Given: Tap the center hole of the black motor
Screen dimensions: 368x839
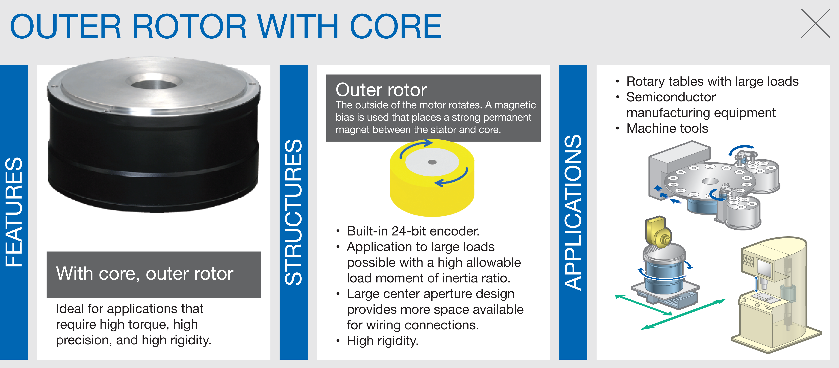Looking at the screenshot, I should point(154,84).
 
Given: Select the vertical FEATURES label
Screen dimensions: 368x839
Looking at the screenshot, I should point(14,212).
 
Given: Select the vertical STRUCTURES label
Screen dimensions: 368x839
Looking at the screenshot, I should point(293,212).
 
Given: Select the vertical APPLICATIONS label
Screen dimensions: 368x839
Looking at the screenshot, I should point(573,212).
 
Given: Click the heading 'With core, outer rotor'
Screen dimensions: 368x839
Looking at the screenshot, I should point(145,274).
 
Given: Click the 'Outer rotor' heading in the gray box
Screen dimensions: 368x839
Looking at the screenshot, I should point(381,90).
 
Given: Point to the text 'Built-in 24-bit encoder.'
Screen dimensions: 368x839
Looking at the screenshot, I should point(413,231).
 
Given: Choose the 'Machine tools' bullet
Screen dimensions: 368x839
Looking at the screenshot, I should point(667,128).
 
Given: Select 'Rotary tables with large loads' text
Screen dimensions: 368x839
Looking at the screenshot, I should point(712,81).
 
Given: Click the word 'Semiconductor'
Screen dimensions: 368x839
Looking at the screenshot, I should point(671,97).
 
